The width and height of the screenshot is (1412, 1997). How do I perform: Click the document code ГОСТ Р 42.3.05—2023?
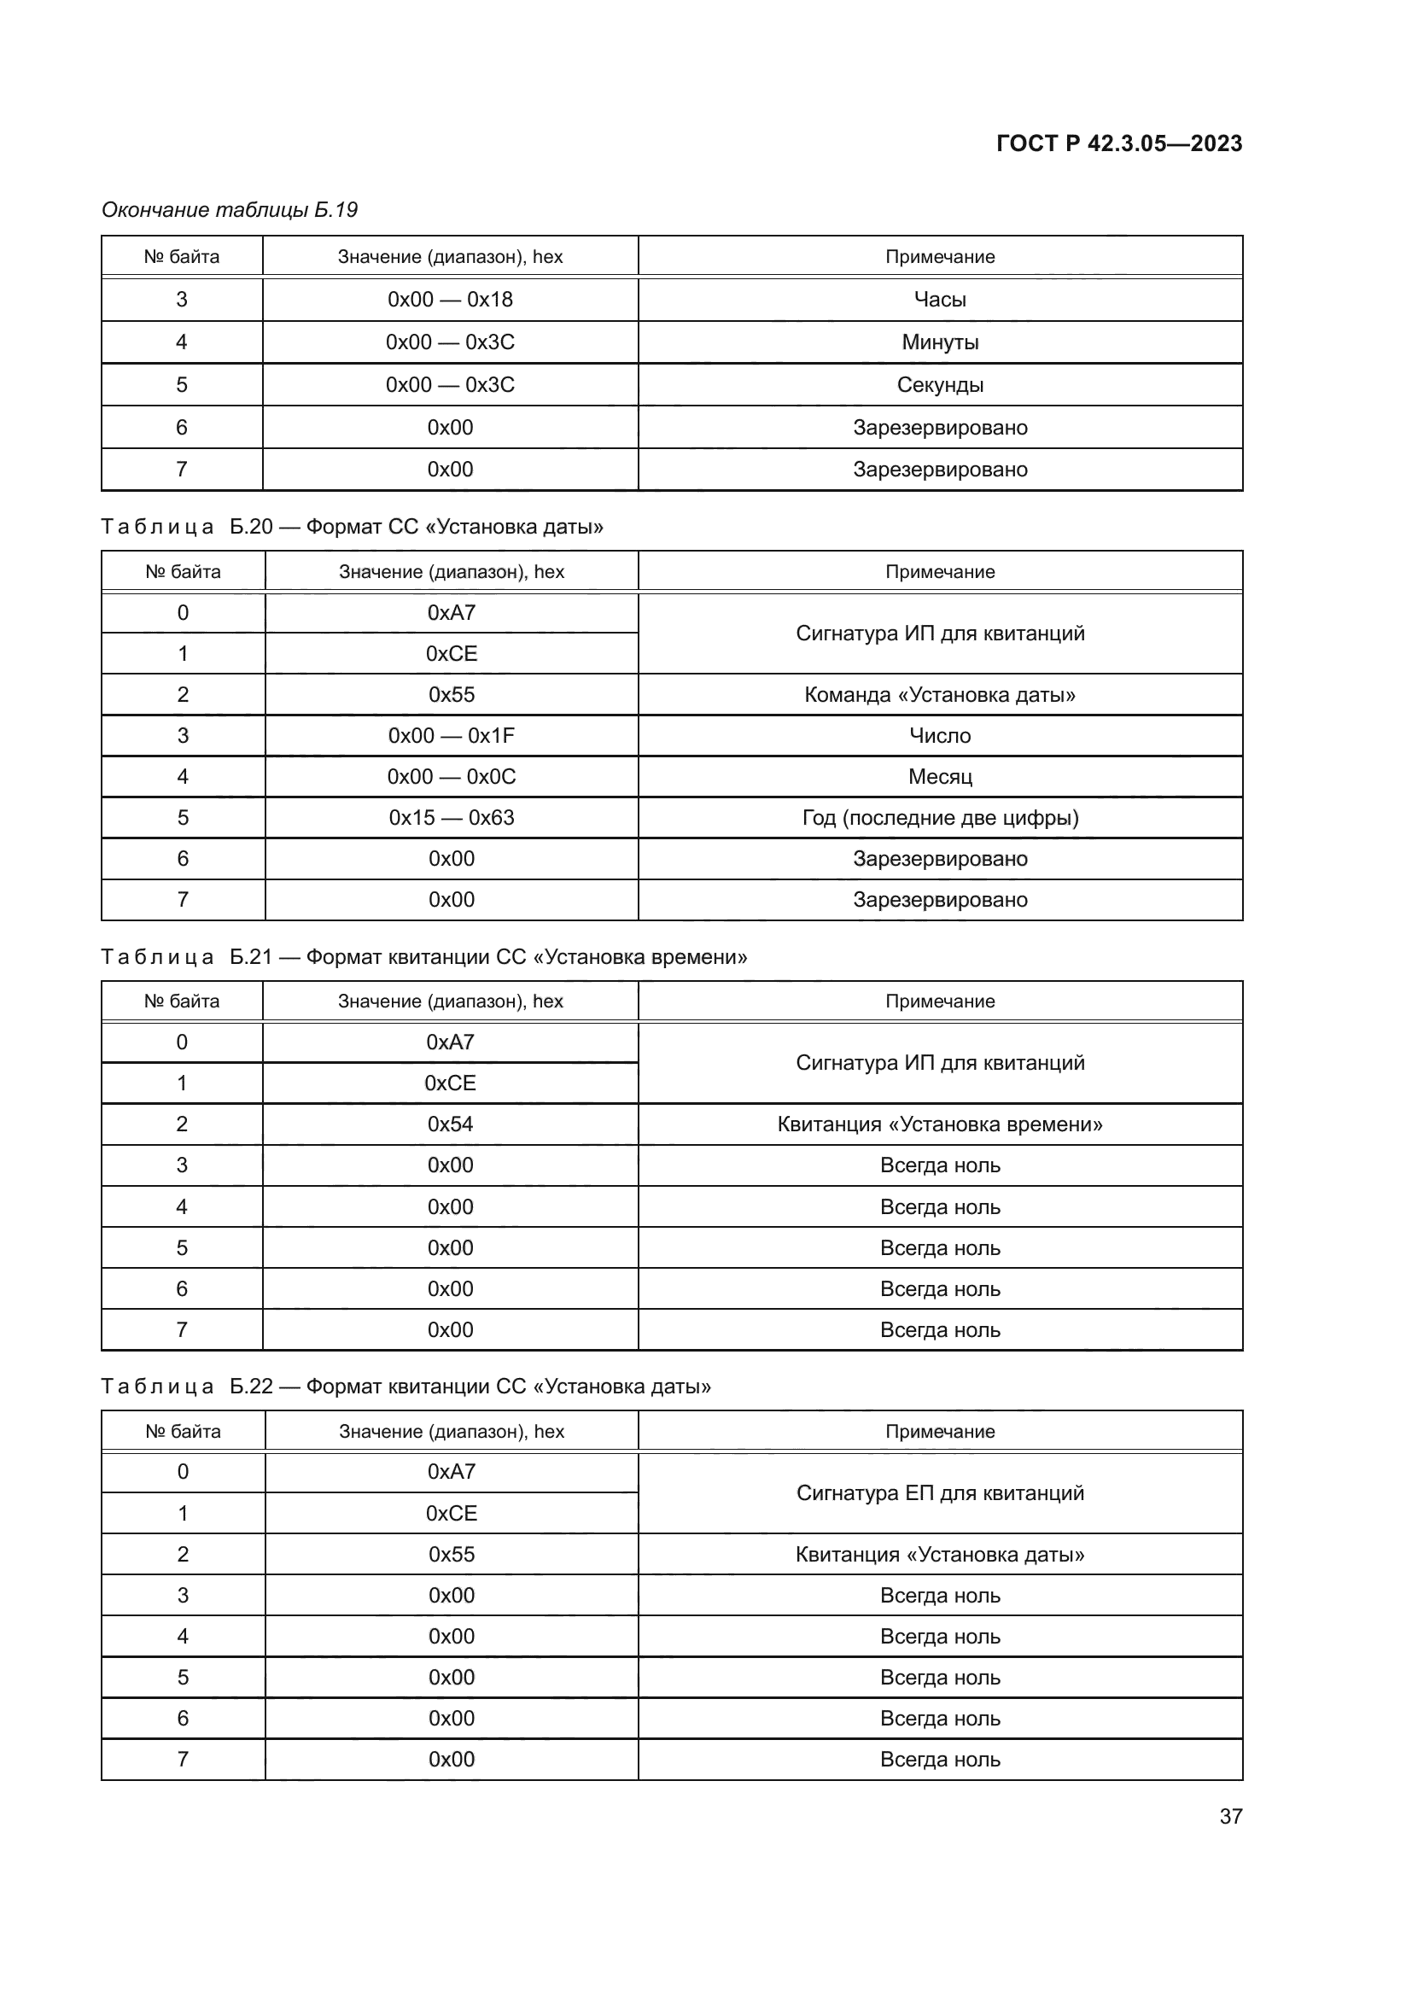1118,143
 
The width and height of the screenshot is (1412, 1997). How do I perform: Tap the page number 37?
1230,1816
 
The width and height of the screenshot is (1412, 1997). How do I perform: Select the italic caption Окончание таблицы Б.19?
230,210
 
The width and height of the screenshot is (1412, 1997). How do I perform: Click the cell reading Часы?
939,299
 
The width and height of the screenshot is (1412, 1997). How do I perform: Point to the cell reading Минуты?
939,342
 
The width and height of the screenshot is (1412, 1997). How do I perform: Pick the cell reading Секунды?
939,384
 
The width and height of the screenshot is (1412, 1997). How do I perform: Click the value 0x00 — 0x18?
450,299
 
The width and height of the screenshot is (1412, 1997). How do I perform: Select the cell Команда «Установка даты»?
939,694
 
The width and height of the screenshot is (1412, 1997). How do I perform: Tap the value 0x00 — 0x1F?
451,736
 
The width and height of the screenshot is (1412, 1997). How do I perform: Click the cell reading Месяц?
939,777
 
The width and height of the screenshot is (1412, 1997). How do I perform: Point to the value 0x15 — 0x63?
451,818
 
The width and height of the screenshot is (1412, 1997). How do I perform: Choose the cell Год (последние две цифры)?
939,818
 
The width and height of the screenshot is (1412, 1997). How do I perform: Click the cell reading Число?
939,736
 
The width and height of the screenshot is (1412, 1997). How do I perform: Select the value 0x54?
450,1124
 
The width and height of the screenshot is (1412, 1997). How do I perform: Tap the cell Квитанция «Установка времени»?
939,1124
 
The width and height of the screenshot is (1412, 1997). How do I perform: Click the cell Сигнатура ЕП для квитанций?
939,1492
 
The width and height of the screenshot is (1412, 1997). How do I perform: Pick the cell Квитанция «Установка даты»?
939,1554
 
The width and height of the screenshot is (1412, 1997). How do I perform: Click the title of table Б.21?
423,957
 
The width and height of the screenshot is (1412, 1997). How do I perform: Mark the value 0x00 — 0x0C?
451,777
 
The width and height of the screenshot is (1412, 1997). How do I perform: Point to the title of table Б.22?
406,1387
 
